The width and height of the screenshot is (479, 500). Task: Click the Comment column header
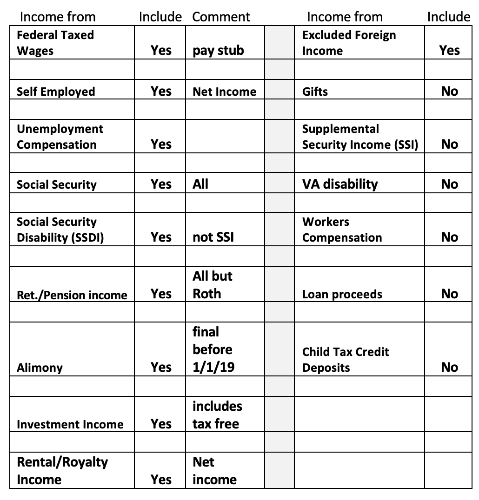tap(221, 17)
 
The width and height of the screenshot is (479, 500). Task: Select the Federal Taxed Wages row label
tap(55, 43)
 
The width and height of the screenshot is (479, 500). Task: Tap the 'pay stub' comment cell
tap(218, 51)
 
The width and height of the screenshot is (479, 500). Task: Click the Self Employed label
tap(56, 92)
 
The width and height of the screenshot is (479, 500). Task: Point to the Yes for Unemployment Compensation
tap(161, 145)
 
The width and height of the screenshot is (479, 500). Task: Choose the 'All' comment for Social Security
tap(200, 184)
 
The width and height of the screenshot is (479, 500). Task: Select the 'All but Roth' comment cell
tap(212, 285)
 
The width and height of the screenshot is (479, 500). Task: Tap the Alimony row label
tap(40, 368)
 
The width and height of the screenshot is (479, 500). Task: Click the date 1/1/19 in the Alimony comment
tap(213, 367)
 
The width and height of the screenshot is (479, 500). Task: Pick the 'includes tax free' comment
tap(217, 415)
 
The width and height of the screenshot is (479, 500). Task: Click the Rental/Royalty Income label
tap(62, 471)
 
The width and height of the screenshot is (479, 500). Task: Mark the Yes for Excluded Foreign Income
tap(449, 50)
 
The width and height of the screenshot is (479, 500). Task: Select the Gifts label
tap(315, 92)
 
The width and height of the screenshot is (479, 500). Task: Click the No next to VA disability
tap(449, 184)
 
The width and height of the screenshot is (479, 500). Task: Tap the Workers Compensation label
tap(342, 230)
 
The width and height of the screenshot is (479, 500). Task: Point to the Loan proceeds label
tap(342, 294)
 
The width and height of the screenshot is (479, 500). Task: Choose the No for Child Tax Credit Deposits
tap(449, 368)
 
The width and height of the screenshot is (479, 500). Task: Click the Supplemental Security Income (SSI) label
tap(360, 137)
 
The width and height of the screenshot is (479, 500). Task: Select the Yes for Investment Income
tap(161, 424)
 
